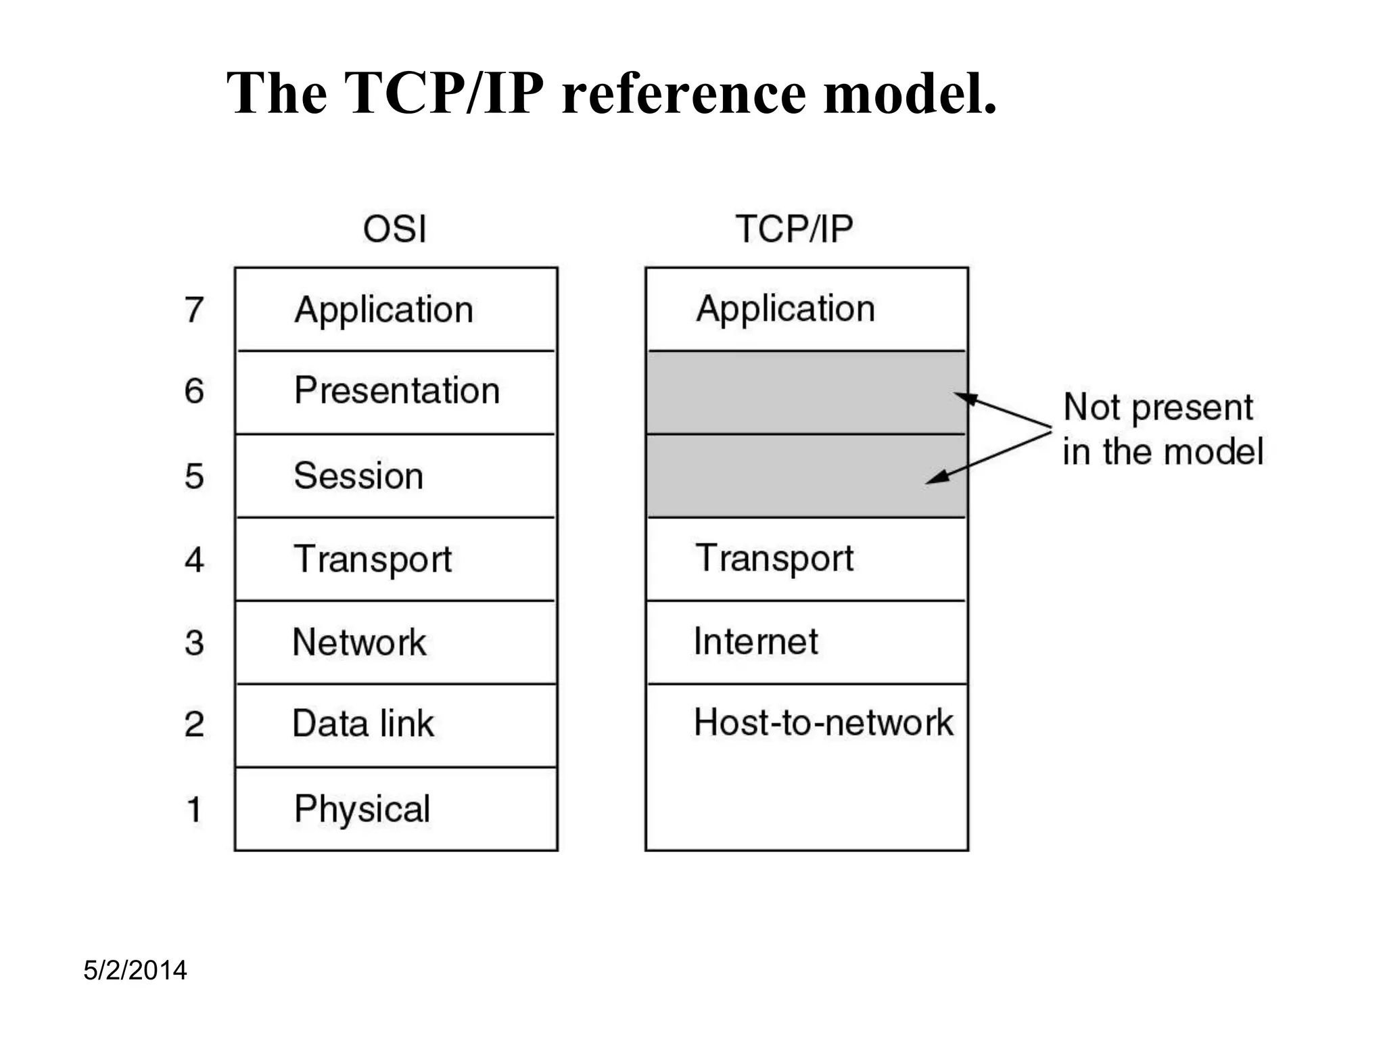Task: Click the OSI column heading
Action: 394,229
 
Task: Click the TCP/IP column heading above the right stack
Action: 794,229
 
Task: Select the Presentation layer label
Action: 397,391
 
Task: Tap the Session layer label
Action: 358,476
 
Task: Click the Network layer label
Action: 359,643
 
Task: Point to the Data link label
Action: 362,724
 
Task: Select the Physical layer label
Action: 362,809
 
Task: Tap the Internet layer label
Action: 755,642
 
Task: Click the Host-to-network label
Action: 823,722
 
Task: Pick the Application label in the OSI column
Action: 383,310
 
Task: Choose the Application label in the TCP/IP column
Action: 785,309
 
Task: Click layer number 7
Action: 194,310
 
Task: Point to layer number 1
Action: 194,810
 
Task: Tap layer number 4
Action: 194,560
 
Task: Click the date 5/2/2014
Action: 135,971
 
